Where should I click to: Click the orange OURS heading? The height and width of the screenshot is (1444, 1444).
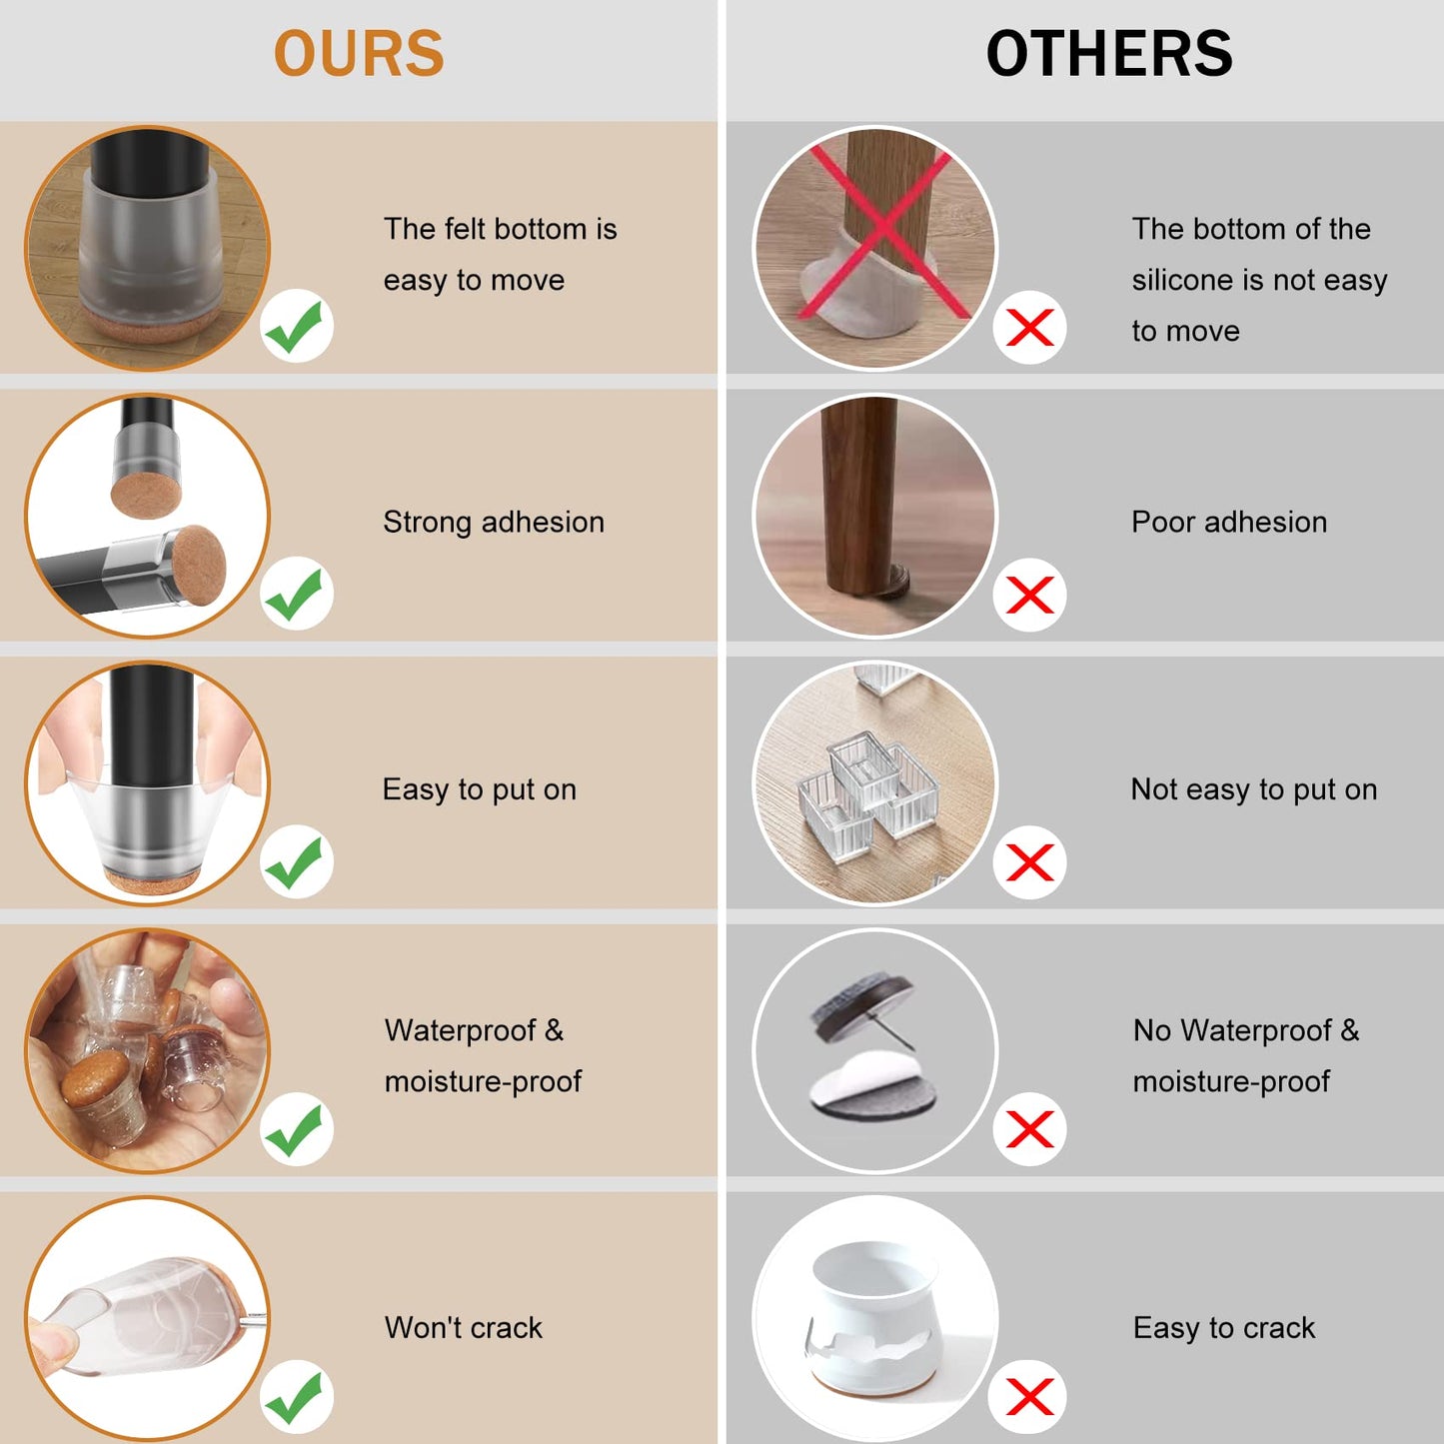(x=359, y=53)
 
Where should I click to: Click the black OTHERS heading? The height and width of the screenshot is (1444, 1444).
(x=1109, y=53)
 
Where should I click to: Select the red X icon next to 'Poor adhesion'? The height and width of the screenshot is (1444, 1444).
(x=1029, y=596)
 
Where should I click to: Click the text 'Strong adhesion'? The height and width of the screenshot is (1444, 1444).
(x=493, y=523)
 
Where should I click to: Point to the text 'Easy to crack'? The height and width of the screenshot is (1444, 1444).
(x=1224, y=1328)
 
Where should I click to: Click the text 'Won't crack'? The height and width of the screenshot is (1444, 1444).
(x=463, y=1327)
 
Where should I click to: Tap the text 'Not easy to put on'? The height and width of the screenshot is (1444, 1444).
(x=1254, y=789)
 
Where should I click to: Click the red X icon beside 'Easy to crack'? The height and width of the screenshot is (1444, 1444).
(x=1029, y=1397)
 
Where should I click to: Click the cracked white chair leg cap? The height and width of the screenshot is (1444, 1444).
(x=873, y=1319)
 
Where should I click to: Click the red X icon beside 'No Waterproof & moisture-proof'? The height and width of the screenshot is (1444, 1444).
(x=1029, y=1129)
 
